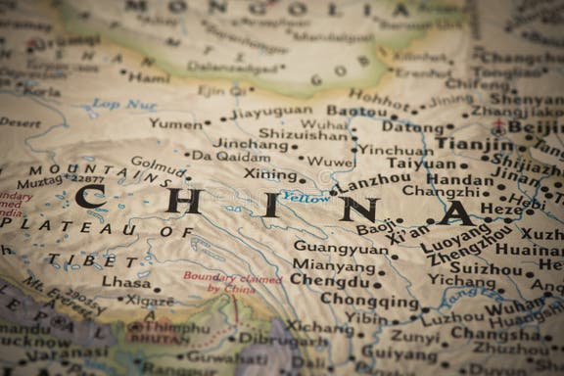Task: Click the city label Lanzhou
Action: click(375, 183)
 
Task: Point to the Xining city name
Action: click(270, 174)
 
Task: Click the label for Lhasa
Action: click(126, 282)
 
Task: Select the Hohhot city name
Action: click(379, 98)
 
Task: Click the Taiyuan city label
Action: click(421, 164)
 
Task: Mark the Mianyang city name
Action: click(334, 264)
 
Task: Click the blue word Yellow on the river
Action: click(305, 197)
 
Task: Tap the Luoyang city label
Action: click(455, 238)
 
